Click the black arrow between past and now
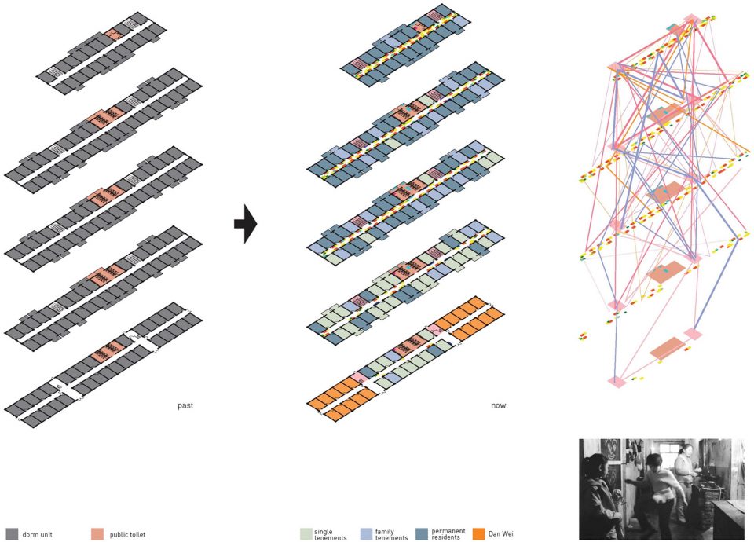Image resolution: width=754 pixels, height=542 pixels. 246,224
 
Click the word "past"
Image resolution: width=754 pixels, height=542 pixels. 185,405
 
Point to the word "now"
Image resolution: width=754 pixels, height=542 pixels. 498,405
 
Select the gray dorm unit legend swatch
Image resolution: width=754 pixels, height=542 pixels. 12,534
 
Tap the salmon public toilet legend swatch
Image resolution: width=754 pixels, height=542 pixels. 97,534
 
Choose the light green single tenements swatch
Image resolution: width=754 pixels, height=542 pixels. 306,534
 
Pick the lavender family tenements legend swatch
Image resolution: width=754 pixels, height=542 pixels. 367,534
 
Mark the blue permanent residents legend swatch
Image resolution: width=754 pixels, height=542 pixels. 423,534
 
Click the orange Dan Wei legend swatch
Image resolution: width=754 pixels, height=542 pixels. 478,534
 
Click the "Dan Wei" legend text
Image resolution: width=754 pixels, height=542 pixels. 500,534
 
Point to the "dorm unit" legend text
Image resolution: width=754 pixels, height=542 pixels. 37,534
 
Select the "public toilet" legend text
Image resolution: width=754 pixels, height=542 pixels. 127,534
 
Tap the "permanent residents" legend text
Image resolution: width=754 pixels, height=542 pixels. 448,534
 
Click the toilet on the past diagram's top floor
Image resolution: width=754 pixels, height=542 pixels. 114,34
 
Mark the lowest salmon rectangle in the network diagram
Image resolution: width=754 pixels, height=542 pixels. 667,348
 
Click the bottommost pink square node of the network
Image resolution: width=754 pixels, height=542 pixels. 616,382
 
